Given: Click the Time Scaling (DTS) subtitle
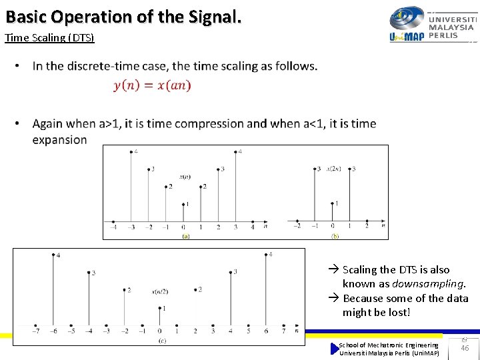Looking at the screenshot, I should click(49, 37).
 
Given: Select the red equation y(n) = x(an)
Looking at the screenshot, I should click(152, 85).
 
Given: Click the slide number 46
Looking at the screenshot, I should click(465, 348).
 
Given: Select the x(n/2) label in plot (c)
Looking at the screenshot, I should click(160, 291).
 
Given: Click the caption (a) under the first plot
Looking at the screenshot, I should click(185, 235).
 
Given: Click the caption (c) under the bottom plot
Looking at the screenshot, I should click(162, 341).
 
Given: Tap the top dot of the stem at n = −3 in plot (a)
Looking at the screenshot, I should click(131, 153).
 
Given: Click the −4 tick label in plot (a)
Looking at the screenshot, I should click(114, 227).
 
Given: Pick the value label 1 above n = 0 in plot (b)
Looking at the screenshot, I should click(336, 203).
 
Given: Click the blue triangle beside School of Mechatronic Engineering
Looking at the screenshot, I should click(335, 349).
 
